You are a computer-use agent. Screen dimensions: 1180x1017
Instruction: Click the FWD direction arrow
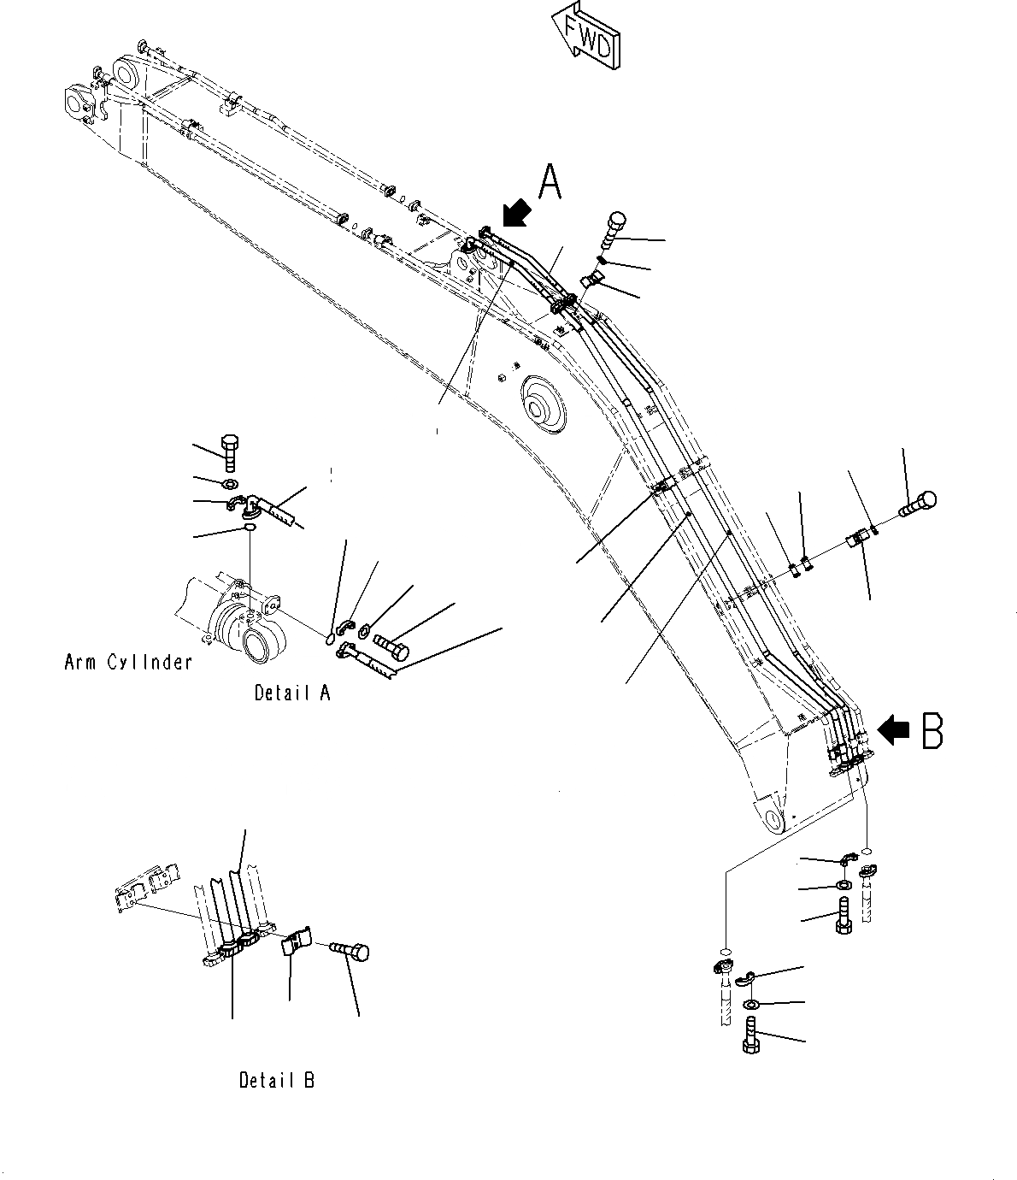(x=587, y=38)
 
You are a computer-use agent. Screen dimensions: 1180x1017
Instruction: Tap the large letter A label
(x=550, y=181)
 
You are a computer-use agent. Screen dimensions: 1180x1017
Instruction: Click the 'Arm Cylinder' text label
(x=128, y=661)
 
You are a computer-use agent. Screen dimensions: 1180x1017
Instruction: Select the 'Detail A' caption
(x=291, y=693)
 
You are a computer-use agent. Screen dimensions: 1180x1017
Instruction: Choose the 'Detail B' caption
(x=277, y=1080)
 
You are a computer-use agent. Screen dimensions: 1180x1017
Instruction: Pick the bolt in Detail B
(x=350, y=950)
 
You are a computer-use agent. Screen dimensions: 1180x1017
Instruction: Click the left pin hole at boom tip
(x=77, y=104)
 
